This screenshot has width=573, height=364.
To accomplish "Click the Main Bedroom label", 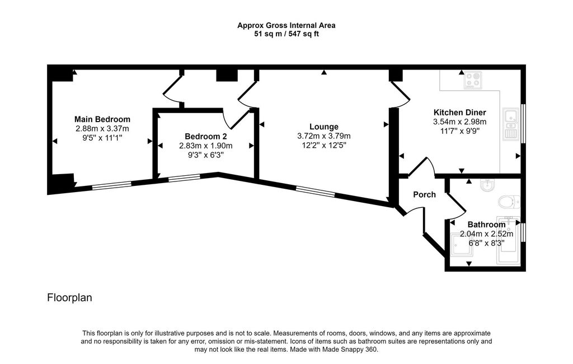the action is tap(102, 119).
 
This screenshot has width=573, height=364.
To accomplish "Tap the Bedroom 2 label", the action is tap(206, 137).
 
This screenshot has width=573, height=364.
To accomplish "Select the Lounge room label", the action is tap(324, 127).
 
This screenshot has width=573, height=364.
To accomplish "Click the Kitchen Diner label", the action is tap(460, 113).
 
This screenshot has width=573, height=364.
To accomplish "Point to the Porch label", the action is tap(424, 195).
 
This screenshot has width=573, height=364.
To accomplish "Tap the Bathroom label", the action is tap(486, 225).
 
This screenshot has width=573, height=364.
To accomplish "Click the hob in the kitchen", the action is tap(473, 80).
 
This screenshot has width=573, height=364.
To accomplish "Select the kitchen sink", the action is tap(511, 124).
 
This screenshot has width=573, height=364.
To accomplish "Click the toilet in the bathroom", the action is tap(509, 202).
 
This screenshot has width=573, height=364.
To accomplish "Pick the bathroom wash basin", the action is tap(487, 185).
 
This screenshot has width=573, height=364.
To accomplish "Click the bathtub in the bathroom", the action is tap(508, 240).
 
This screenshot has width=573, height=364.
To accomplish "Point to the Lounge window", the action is tap(316, 192).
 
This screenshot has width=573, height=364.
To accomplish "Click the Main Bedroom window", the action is tap(111, 185).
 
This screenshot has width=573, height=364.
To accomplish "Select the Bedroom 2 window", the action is tap(184, 178).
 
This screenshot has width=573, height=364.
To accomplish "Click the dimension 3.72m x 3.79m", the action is tap(324, 136).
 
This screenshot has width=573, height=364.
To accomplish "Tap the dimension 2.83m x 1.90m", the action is tap(206, 146).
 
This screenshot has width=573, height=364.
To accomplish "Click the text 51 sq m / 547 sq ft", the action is tap(286, 34).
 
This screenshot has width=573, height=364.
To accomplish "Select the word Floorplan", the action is tap(69, 298).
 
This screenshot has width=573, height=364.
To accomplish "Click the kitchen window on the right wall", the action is tap(523, 124).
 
